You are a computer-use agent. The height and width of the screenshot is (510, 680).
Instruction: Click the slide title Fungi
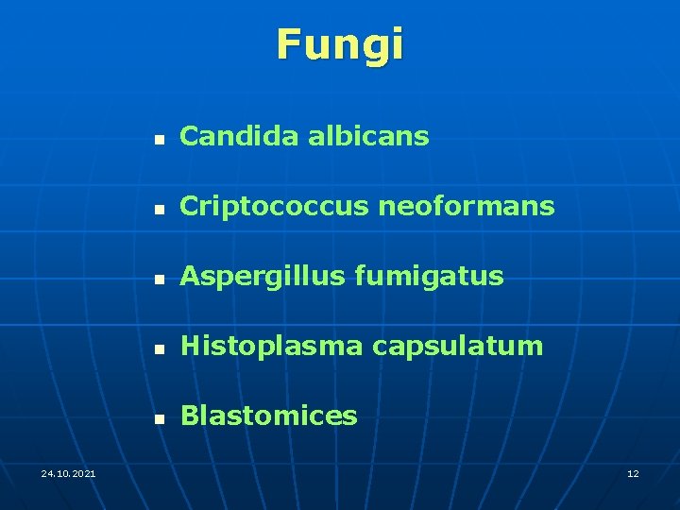click(x=340, y=44)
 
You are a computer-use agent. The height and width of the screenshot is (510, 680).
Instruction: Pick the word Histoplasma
click(x=271, y=346)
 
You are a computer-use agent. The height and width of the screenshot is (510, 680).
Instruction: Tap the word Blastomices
click(x=268, y=416)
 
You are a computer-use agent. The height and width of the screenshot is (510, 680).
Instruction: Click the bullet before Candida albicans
click(x=161, y=138)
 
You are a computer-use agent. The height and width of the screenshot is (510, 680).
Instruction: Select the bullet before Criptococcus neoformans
click(x=161, y=208)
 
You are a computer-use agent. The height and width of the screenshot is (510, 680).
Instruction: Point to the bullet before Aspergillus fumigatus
click(x=161, y=278)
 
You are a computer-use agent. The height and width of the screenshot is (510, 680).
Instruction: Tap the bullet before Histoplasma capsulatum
click(x=161, y=348)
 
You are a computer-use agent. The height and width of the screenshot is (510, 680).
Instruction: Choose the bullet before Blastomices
click(x=161, y=417)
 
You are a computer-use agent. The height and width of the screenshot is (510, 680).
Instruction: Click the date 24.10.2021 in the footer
click(x=68, y=472)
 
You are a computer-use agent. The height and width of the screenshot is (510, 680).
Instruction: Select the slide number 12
click(x=633, y=472)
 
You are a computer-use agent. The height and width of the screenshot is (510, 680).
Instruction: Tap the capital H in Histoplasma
click(x=190, y=346)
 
